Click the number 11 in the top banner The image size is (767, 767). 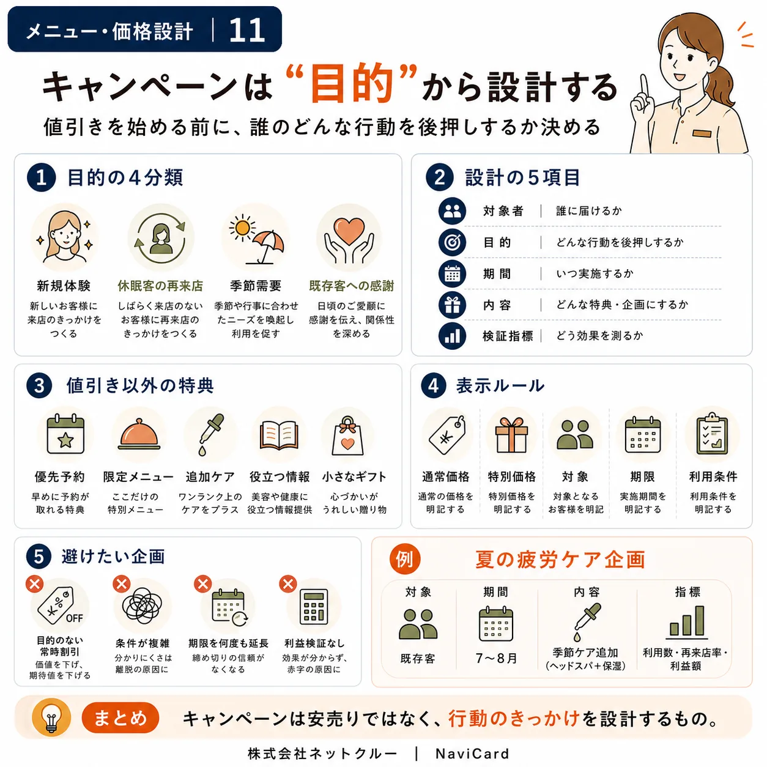coord(246,30)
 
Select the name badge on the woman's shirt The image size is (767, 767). coord(702,133)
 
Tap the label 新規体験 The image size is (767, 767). coord(64,286)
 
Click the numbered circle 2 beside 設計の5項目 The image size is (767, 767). coord(439,177)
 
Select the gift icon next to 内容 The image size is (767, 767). coord(452,305)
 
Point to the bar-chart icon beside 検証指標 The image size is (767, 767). coord(452,336)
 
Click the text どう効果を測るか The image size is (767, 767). coord(599,336)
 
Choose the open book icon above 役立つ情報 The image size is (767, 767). coord(279,435)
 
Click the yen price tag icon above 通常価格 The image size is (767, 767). coord(447,435)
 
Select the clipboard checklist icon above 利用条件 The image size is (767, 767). coord(712,435)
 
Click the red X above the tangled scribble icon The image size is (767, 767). coord(122,584)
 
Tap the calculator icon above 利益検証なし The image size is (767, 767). coord(314,607)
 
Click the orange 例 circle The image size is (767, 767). coord(405,559)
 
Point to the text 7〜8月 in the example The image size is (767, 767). coord(496,658)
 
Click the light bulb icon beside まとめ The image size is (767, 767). coord(51,717)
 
